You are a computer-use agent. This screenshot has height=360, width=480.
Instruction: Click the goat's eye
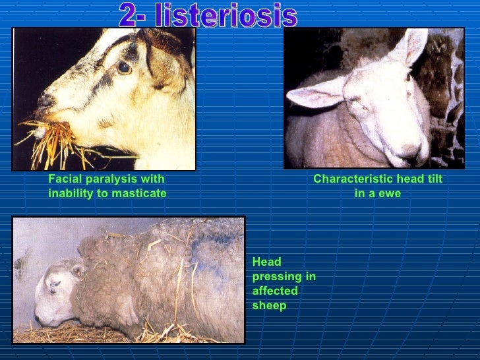(123, 67)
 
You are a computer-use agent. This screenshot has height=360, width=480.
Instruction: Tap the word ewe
(390, 193)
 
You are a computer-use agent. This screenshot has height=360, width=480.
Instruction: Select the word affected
(275, 291)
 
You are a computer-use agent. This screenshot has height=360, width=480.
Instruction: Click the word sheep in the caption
(269, 305)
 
